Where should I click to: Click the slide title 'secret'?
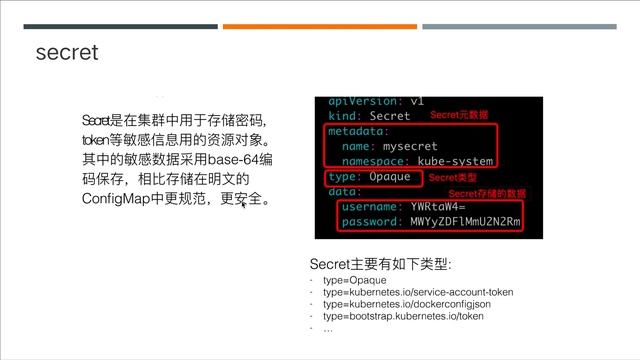(67, 51)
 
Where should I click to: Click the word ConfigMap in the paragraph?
(117, 199)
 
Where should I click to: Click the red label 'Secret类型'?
(454, 177)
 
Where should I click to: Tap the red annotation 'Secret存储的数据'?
(486, 192)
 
